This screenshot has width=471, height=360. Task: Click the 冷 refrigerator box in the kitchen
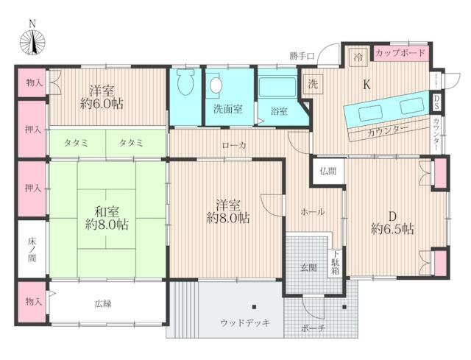358,57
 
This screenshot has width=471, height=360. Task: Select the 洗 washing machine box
312,83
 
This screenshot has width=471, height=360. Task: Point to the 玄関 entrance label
308,267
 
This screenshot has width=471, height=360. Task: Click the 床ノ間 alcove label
31,250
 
